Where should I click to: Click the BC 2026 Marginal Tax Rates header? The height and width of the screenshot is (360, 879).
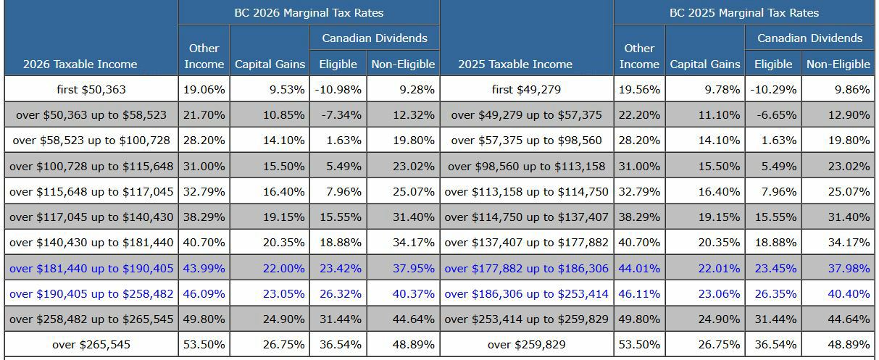click(309, 13)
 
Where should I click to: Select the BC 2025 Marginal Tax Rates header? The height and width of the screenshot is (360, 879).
click(744, 13)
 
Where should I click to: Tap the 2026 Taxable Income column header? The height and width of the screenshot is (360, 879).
click(80, 64)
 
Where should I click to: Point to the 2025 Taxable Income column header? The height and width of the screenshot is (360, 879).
click(515, 64)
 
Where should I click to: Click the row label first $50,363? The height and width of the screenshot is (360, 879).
click(91, 90)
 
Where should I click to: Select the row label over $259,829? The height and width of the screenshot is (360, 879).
click(526, 344)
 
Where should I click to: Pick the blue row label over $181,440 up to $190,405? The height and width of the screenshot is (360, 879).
click(91, 268)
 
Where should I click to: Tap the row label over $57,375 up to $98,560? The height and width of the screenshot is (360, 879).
click(526, 141)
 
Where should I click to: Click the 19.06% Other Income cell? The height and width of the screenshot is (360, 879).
click(204, 90)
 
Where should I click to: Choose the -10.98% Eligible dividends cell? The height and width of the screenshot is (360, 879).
click(338, 90)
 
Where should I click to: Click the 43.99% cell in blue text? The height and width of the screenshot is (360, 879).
click(204, 268)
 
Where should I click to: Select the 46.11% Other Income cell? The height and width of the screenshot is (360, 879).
click(639, 294)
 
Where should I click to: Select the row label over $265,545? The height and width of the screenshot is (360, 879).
click(91, 344)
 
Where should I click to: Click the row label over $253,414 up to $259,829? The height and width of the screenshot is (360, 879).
click(526, 319)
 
